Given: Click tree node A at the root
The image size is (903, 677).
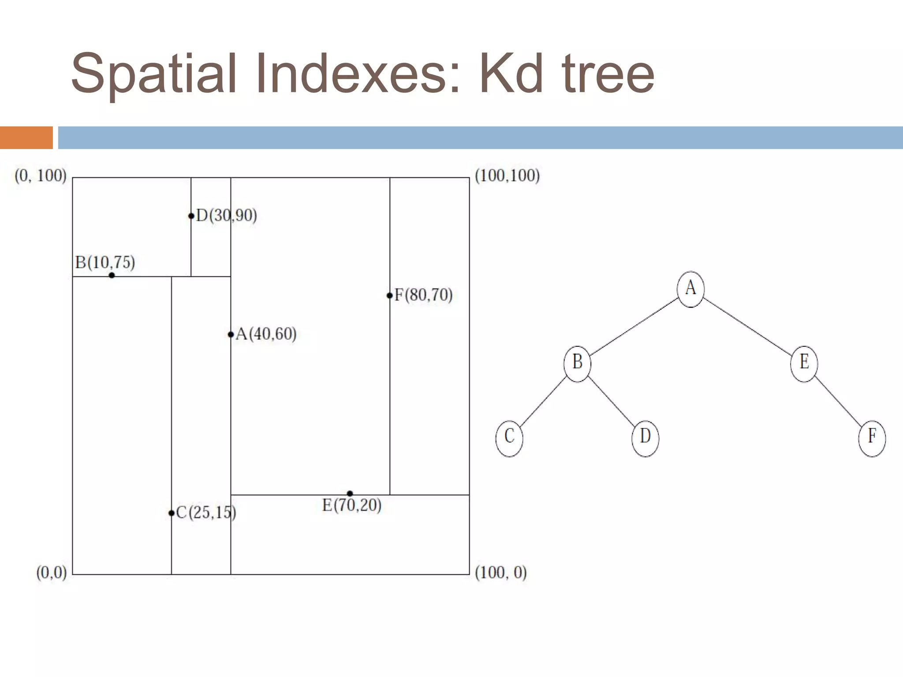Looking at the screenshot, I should (690, 289).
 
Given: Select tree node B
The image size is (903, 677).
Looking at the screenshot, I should (577, 363).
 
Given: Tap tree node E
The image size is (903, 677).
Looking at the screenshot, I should (804, 363).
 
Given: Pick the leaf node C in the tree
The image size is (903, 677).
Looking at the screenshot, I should (509, 437).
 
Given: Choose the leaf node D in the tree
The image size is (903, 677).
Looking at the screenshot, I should (645, 437).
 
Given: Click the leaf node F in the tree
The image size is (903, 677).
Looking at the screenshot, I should (872, 437).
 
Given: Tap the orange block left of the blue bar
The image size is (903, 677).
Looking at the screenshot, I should (26, 138).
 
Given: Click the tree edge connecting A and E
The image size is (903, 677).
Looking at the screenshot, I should (747, 326).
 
